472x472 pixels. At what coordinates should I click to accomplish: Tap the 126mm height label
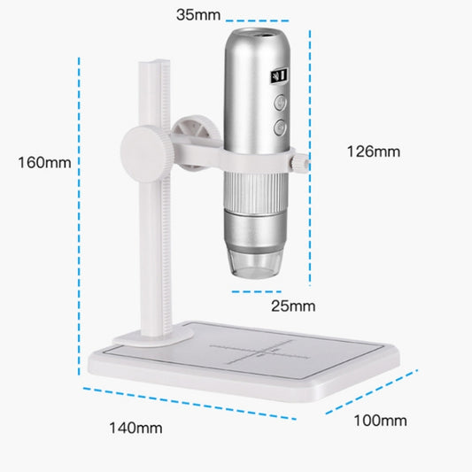tap(372, 151)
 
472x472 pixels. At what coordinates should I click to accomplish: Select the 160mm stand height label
tap(44, 162)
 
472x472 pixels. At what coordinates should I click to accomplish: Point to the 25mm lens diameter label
tap(292, 306)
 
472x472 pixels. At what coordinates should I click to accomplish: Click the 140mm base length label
tap(135, 428)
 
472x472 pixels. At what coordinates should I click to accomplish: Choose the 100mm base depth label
tap(380, 420)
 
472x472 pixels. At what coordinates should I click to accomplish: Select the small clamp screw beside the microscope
tap(302, 162)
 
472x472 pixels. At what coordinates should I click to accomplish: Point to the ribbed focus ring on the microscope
tap(253, 192)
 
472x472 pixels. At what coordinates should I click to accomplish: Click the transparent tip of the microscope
tap(253, 261)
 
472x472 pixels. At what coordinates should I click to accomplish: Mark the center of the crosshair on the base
tap(263, 349)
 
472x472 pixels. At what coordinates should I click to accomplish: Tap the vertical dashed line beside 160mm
tap(81, 221)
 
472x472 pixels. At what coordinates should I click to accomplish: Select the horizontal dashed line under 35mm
tap(257, 20)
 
